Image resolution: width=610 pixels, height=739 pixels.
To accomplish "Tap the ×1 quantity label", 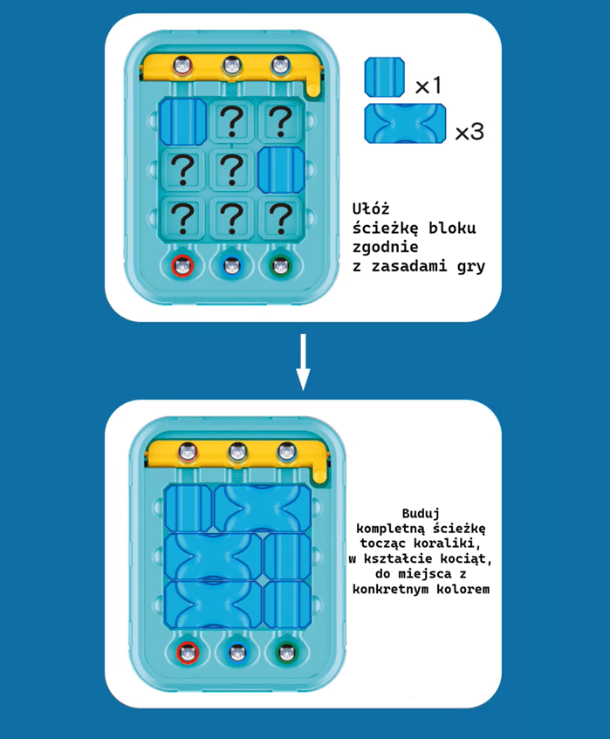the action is pos(428,86).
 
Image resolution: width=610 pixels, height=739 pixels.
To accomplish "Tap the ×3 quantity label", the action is pos(469,132).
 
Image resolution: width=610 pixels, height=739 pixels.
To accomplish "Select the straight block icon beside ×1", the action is pos(385,78).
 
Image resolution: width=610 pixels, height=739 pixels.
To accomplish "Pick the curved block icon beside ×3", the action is pos(406,124).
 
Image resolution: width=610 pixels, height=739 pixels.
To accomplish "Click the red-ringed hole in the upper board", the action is pos(182,266).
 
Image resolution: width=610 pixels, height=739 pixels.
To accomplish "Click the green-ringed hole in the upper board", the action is pos(280,266).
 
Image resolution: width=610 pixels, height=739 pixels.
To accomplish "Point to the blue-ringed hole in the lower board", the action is pos(237,653).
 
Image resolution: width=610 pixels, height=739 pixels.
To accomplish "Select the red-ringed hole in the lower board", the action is pos(188,653).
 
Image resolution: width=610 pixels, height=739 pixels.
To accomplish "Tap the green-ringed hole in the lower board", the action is pos(286,653).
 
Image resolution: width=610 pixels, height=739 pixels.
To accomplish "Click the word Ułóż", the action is pos(371,209).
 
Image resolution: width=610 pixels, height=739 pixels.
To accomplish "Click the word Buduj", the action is pos(421,513).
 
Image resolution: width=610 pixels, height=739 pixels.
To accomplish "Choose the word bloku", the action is pos(452,228).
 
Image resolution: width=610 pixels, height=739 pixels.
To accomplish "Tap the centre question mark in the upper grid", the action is pos(231,168).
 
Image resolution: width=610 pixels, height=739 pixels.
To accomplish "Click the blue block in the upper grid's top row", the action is pos(183,121).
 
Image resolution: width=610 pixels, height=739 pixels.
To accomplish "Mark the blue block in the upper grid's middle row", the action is pos(281,169).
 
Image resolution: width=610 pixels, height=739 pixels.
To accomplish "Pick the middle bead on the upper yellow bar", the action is pos(231,65).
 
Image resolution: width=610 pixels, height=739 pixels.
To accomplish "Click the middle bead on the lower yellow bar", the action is pos(237,452).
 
